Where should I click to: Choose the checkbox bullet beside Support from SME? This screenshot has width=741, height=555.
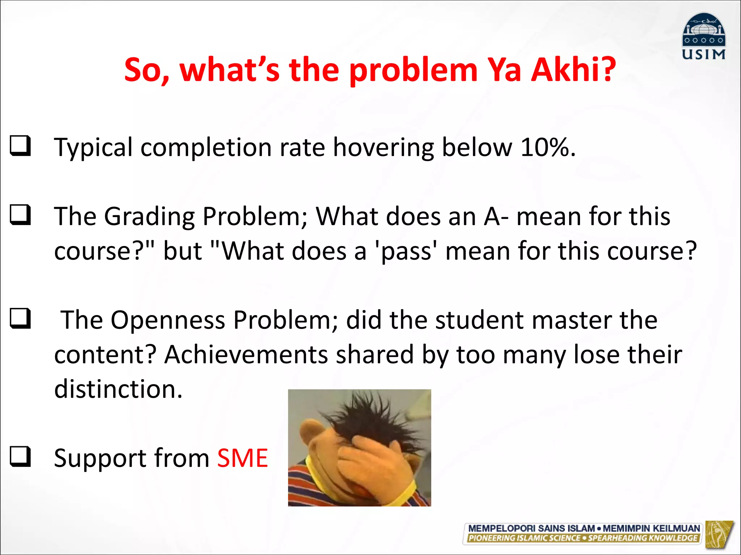(20, 456)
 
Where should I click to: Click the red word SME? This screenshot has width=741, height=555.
(242, 458)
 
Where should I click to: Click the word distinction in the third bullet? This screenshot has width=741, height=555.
(118, 389)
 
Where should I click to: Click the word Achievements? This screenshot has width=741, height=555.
(246, 355)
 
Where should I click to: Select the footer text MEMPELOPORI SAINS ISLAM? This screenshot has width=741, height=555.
(532, 528)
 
